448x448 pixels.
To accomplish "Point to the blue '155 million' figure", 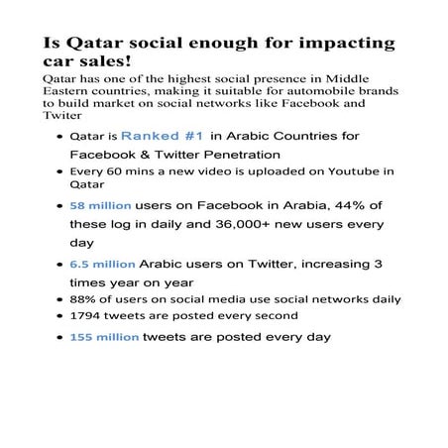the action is click(x=105, y=337).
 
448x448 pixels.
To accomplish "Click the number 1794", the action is click(x=86, y=316).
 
